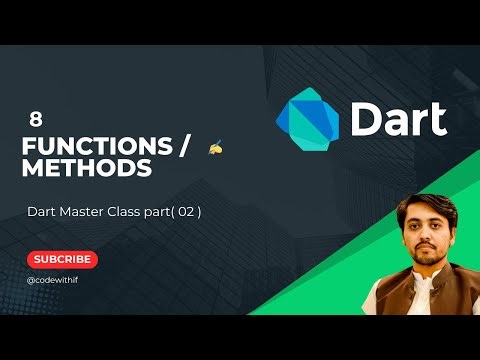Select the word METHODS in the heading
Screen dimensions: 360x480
[x=87, y=169]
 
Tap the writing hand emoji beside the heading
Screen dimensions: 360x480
[x=215, y=148]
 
